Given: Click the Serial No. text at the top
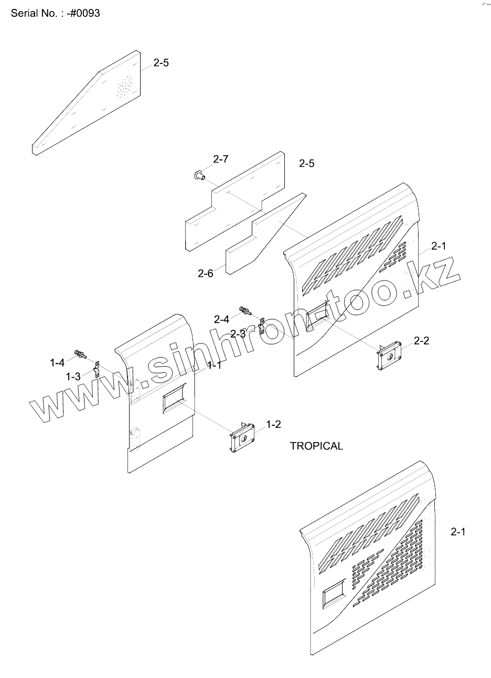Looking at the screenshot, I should tap(55, 14).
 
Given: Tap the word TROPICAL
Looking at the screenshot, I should tap(316, 446).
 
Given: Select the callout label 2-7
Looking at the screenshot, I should tap(220, 159).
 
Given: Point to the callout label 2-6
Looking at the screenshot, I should tap(206, 273).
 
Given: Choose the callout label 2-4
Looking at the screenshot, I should tap(221, 319).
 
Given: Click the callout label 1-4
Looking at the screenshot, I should tap(57, 362).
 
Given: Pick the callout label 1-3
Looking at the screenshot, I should tap(73, 376).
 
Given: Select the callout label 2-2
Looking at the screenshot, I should tap(421, 341).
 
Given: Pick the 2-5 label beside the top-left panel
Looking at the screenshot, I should tap(161, 63).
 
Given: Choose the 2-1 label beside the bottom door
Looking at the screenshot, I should tap(457, 532).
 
